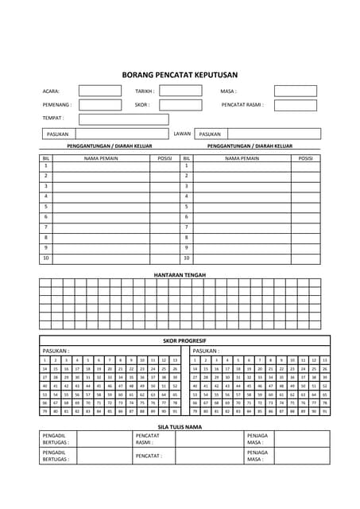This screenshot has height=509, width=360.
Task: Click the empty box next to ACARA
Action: coord(100,91)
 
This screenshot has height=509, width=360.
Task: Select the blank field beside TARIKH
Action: coord(180,91)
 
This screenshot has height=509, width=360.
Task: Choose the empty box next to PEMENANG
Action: coord(100,105)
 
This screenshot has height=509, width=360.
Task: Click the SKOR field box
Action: coord(180,105)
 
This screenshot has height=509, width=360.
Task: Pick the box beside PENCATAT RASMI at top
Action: coord(295,105)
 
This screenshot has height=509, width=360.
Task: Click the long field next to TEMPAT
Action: coord(123,119)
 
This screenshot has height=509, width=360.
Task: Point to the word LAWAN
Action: coord(182,134)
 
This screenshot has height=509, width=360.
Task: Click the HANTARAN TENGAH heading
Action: coord(180,274)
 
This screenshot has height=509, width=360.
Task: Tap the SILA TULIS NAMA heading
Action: coord(180,426)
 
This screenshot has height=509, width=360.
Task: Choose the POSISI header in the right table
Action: coord(305,158)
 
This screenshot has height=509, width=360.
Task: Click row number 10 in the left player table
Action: coord(46,258)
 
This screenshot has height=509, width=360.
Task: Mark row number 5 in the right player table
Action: coord(186,206)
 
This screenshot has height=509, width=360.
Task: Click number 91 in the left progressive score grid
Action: coord(174,412)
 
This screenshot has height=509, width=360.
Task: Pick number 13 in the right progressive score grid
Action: coord(324,360)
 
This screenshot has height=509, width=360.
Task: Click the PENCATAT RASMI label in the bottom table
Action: coord(149,440)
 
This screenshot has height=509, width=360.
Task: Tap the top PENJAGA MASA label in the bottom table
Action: coord(257,440)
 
